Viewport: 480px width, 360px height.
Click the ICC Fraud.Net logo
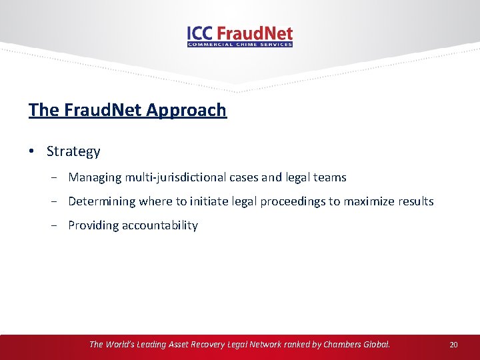(x=240, y=35)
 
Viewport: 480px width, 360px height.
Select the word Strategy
(x=73, y=151)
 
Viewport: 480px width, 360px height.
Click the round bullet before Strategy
(x=32, y=151)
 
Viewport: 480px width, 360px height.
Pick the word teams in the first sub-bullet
(x=331, y=177)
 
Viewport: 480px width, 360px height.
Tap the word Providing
(x=93, y=225)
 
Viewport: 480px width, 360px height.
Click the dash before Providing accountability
(x=59, y=225)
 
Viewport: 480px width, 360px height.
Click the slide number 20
(x=453, y=345)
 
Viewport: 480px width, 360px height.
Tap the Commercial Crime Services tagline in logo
(x=240, y=45)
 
